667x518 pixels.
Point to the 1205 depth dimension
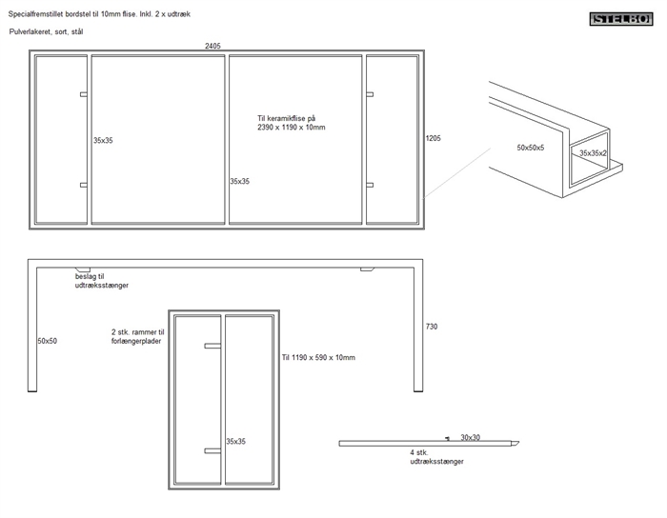pyautogui.click(x=433, y=138)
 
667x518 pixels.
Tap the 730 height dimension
pyautogui.click(x=432, y=327)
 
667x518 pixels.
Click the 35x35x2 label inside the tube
pyautogui.click(x=594, y=153)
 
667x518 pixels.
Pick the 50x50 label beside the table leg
pyautogui.click(x=48, y=340)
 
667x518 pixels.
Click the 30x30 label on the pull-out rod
pyautogui.click(x=471, y=438)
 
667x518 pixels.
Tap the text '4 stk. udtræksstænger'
pyautogui.click(x=436, y=457)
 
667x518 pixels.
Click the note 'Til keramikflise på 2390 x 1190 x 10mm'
pyautogui.click(x=291, y=122)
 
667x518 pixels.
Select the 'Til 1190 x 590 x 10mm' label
pyautogui.click(x=318, y=358)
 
